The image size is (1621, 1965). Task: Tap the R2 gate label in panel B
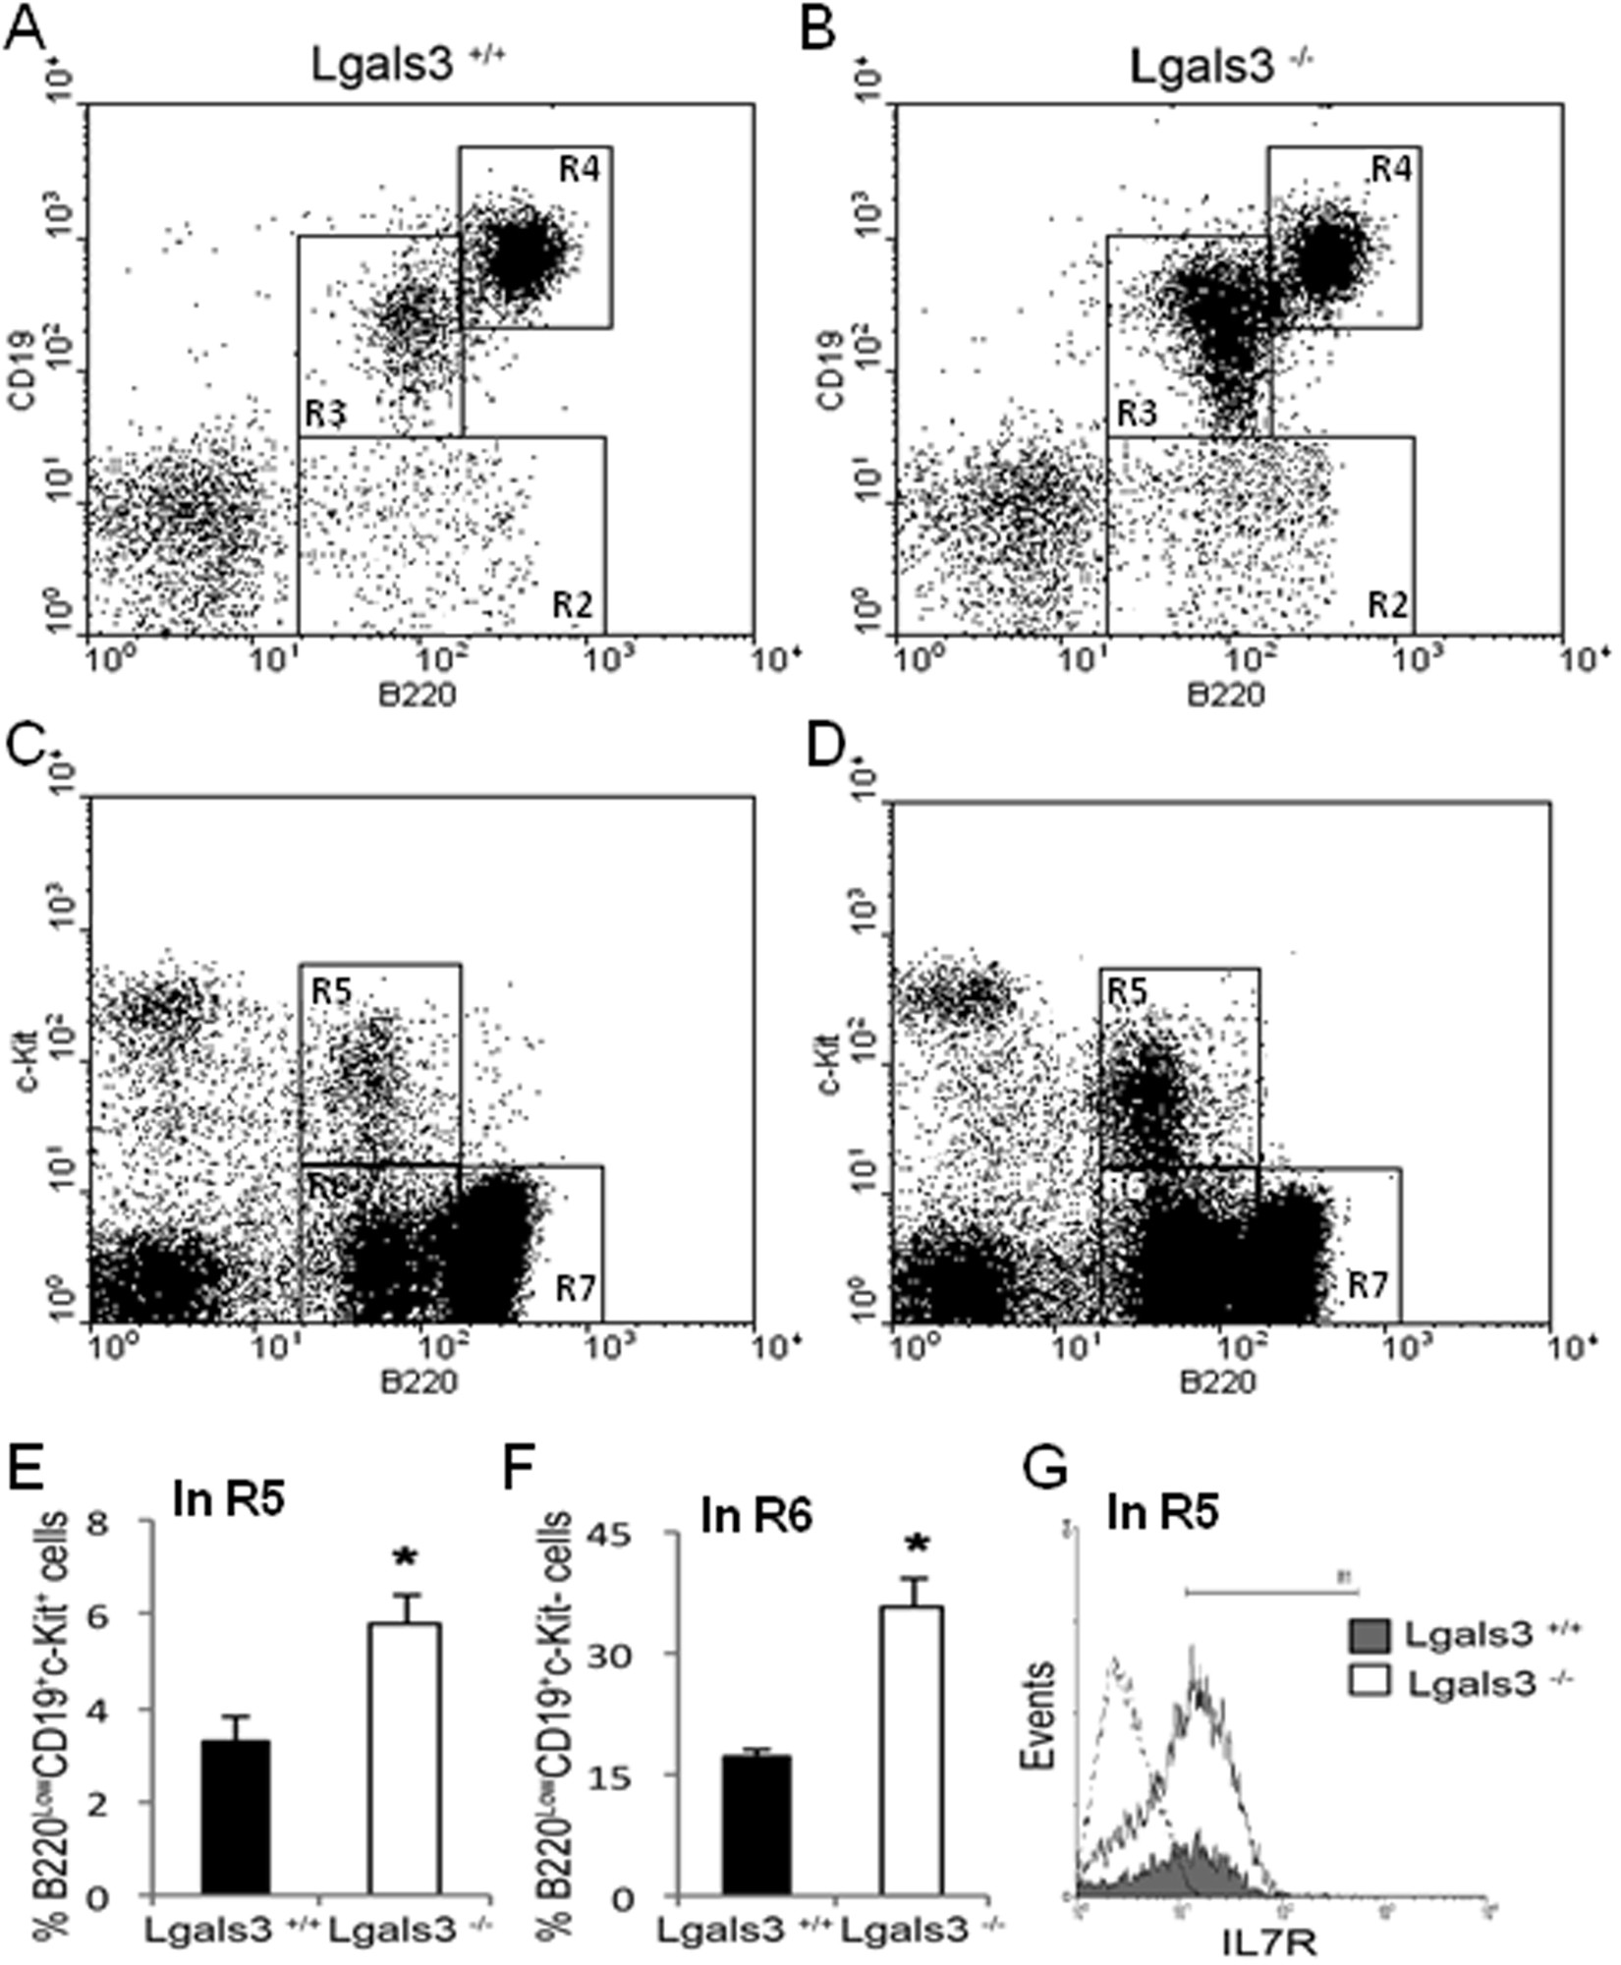[1389, 604]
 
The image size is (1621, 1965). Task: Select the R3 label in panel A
[322, 413]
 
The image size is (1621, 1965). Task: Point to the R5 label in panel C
[332, 993]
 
